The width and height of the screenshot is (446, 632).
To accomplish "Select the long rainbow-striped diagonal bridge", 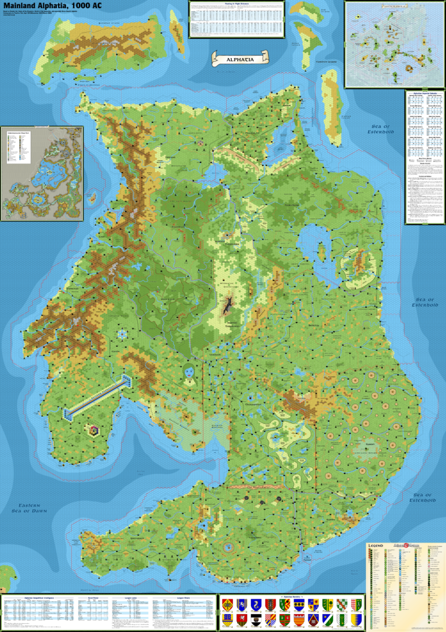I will coord(99,395).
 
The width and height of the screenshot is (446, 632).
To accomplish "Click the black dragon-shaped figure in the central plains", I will coord(228,304).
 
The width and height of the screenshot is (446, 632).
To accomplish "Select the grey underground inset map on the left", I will coord(42,173).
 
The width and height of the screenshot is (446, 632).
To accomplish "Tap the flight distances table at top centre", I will coord(236,19).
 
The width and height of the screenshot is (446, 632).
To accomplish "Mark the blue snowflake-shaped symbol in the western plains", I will coord(123,333).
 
